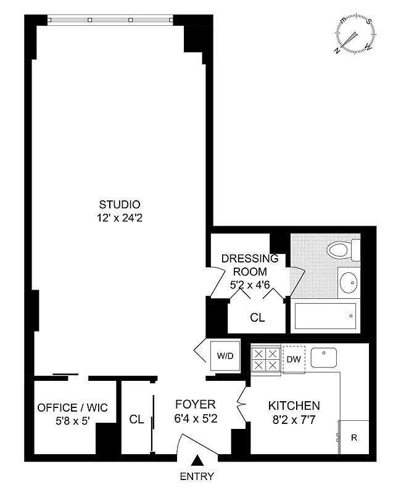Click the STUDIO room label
point(120,205)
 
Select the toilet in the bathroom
point(340,250)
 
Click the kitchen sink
point(324,357)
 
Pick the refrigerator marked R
point(353,438)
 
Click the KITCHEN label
point(294,406)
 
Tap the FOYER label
point(195,405)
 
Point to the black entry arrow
point(197,460)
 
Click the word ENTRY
point(197,476)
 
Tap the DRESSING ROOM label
point(245,265)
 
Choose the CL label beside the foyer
point(136,420)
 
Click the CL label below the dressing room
point(257,318)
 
